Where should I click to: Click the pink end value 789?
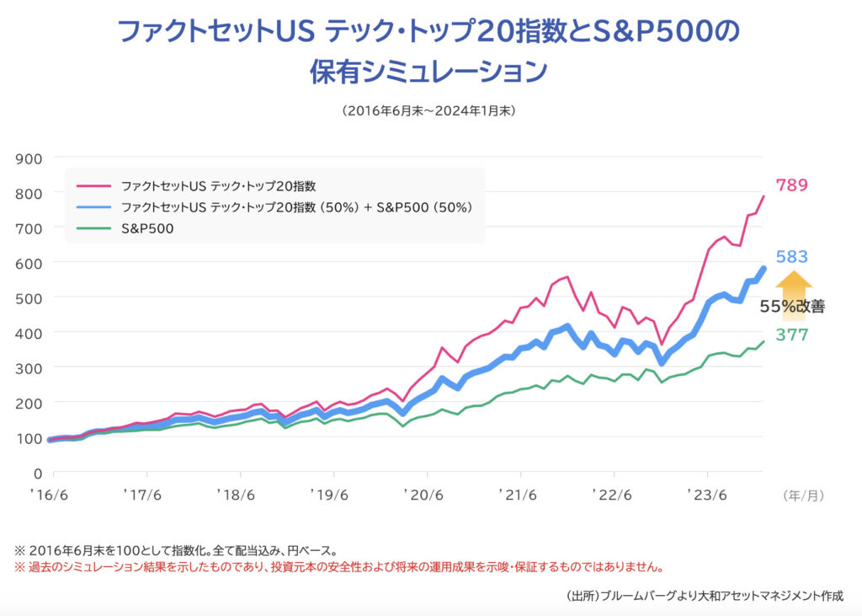point(792,185)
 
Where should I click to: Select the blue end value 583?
point(792,257)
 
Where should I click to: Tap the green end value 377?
point(792,335)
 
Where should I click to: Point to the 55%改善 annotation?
point(792,308)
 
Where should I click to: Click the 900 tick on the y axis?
point(30,158)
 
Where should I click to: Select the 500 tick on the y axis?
point(30,297)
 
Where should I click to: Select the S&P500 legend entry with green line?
point(147,227)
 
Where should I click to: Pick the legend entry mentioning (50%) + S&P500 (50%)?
point(295,206)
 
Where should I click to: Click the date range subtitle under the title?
point(428,110)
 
